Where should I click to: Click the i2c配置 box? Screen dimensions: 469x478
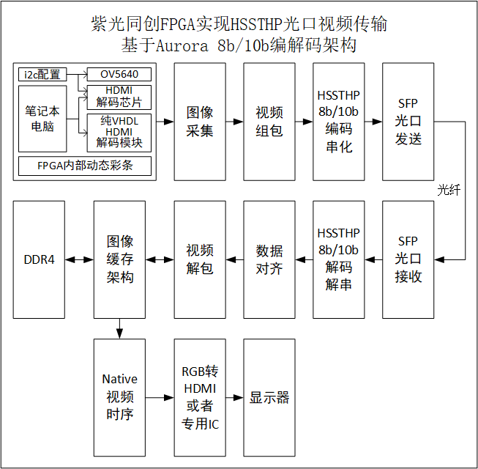coord(42,74)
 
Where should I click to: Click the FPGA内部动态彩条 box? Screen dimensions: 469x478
coord(85,166)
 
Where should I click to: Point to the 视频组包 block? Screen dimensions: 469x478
coord(269,122)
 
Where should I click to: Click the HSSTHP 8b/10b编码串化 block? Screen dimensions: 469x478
coord(338,122)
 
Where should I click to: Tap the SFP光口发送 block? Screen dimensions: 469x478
coord(408,122)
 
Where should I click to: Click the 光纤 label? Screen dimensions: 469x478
coord(449,190)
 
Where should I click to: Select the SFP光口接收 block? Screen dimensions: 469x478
coord(408,259)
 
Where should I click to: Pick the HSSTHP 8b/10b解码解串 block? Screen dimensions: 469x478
coord(338,259)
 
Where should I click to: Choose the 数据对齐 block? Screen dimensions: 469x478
coord(269,259)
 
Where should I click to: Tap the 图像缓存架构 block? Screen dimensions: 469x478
coord(120,259)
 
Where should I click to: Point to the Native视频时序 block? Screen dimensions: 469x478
coord(120,397)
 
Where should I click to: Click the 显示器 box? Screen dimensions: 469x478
coord(269,397)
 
